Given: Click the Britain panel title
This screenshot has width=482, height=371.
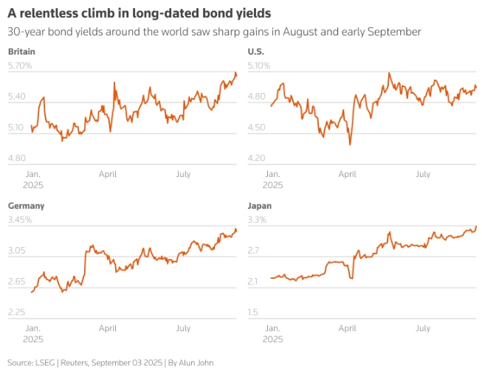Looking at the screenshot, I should [x=21, y=52].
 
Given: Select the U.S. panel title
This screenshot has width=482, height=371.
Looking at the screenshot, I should [x=255, y=52].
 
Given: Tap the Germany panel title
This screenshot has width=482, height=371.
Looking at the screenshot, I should [x=26, y=206].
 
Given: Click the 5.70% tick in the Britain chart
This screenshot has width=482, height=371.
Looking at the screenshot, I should [x=20, y=66].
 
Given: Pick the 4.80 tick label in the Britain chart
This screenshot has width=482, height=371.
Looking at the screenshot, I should [x=17, y=158].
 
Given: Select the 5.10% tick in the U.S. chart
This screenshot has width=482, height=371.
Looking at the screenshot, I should [x=259, y=66].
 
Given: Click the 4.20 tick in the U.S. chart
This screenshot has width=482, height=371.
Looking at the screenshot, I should [x=256, y=158].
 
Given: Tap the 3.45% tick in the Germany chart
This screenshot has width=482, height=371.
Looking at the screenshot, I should [x=20, y=220].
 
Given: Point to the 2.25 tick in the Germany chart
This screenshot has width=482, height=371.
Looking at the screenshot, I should [x=17, y=312].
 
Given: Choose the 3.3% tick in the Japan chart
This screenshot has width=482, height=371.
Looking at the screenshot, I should [x=257, y=220].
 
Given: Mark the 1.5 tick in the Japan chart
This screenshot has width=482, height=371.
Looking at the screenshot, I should [x=253, y=312].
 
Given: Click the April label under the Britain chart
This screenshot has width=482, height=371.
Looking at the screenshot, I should [x=108, y=174].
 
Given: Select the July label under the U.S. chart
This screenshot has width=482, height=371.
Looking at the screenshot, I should [x=422, y=174].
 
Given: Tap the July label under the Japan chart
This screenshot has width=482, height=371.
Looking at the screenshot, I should [x=422, y=327].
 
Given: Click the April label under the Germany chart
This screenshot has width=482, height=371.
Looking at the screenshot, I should [x=108, y=327].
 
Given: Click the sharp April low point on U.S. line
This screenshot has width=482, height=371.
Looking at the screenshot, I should [x=350, y=145].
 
